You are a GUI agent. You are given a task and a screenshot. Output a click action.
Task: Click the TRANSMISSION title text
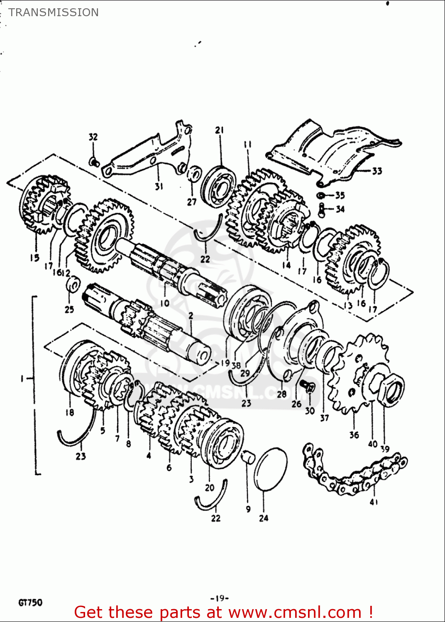point(54,12)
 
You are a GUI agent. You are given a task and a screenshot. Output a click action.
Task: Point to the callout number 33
point(377,171)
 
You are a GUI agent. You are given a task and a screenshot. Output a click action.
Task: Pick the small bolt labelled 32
point(94,161)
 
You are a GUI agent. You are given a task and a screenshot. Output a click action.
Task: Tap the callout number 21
point(219,130)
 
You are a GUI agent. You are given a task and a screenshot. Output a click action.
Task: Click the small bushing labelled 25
point(73,285)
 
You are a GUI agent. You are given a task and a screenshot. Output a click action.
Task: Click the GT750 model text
point(30,603)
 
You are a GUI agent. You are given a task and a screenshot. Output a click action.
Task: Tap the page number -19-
point(220,598)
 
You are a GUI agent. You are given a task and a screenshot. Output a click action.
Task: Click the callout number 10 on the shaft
point(165,303)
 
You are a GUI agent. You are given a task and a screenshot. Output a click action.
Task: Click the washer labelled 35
point(321,195)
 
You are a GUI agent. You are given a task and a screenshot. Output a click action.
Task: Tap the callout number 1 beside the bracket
point(22,378)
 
